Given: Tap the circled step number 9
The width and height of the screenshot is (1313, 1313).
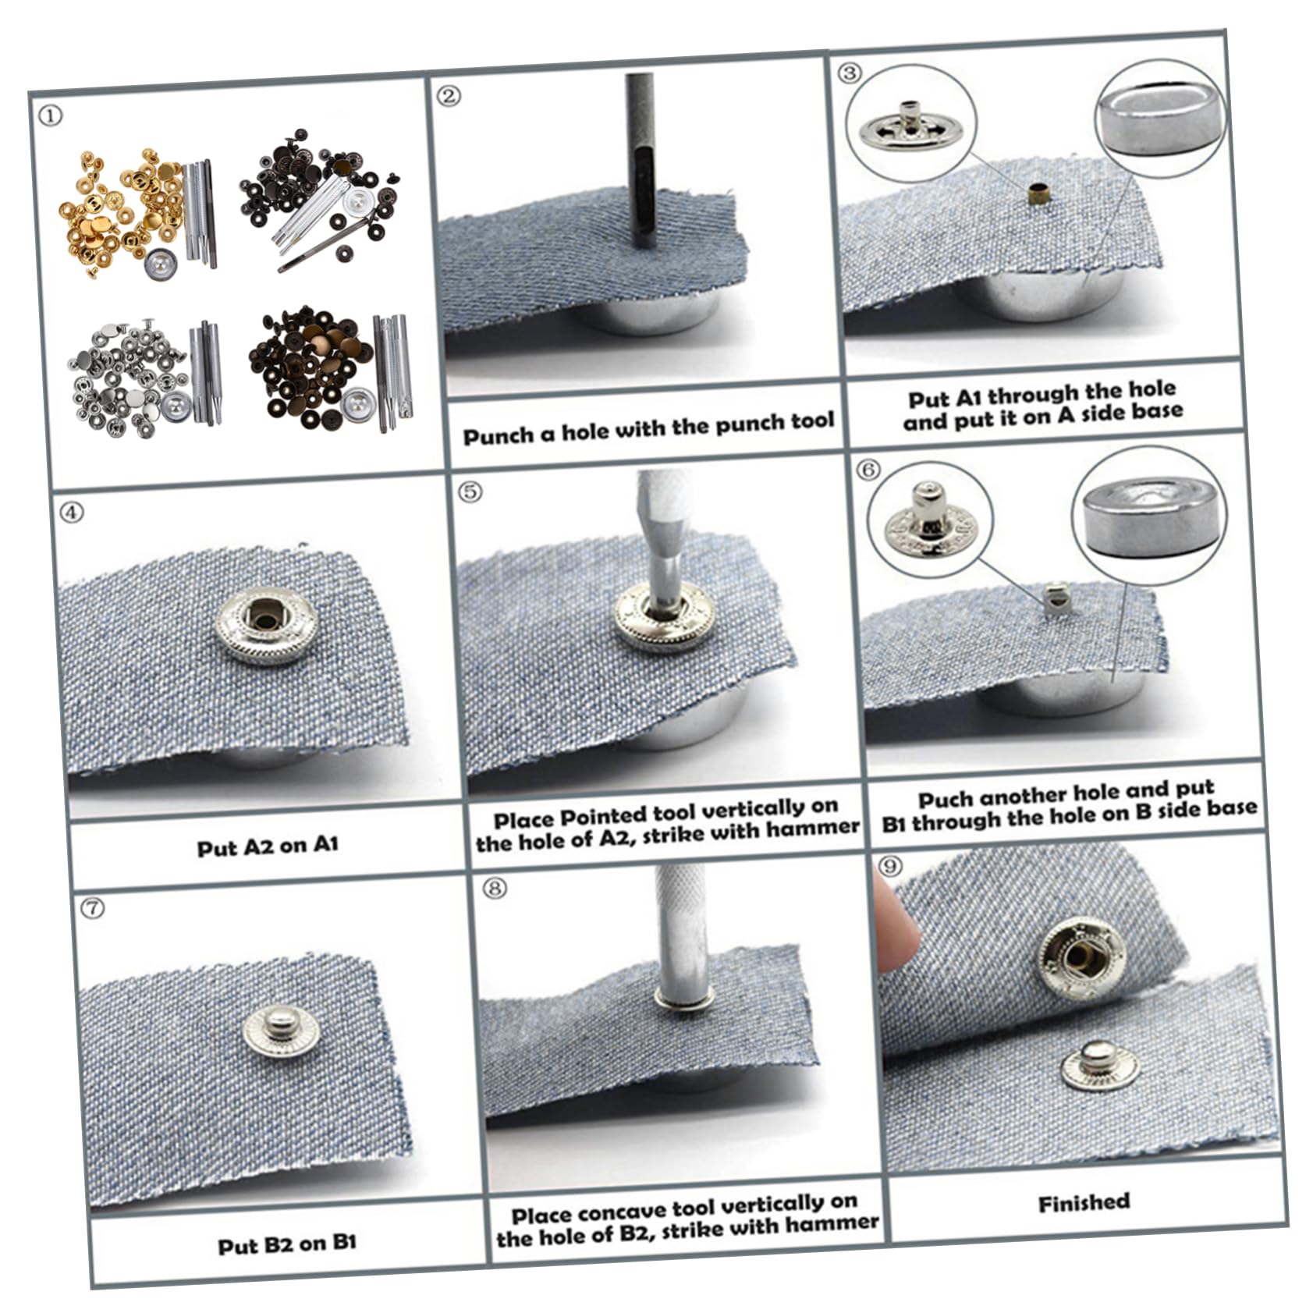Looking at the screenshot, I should tap(889, 866).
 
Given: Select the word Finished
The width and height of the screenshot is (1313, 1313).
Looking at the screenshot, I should tap(1084, 1202).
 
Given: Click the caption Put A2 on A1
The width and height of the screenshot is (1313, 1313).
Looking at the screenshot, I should tap(268, 846).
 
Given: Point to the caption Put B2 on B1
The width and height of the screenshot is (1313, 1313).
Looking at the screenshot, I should tap(287, 1244).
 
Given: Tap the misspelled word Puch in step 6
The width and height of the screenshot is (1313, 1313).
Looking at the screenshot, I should tap(945, 800).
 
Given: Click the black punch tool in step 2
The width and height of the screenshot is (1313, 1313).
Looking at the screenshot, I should tap(644, 156).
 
